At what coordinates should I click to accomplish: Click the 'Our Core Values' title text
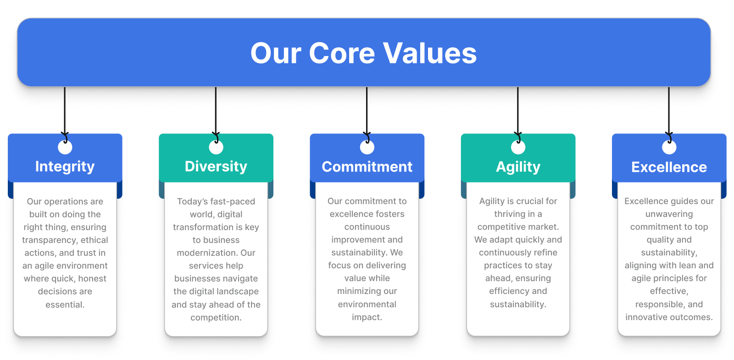363,53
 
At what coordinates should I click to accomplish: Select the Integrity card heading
65,166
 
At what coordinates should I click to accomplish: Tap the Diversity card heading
216,166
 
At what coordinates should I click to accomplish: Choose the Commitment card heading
367,166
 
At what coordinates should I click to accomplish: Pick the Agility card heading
518,166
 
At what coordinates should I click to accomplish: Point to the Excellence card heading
669,167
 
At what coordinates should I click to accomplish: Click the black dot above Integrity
65,147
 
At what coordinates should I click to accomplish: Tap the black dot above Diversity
216,147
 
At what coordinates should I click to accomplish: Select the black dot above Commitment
367,147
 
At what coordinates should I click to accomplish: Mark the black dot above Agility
518,147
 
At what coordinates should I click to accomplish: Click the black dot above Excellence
669,147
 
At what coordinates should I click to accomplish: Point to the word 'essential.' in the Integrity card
65,305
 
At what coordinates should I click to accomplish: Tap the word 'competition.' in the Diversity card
216,317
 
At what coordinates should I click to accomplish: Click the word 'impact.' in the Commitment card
367,317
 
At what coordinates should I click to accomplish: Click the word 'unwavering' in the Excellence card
669,214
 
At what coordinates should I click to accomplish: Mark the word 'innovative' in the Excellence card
648,317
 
